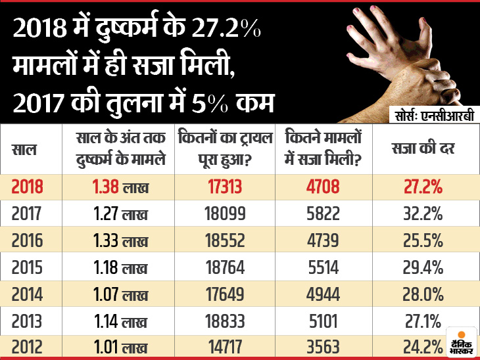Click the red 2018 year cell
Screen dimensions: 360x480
[28, 187]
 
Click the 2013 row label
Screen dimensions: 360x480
[27, 321]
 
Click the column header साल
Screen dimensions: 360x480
[25, 150]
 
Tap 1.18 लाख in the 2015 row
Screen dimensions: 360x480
[119, 267]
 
